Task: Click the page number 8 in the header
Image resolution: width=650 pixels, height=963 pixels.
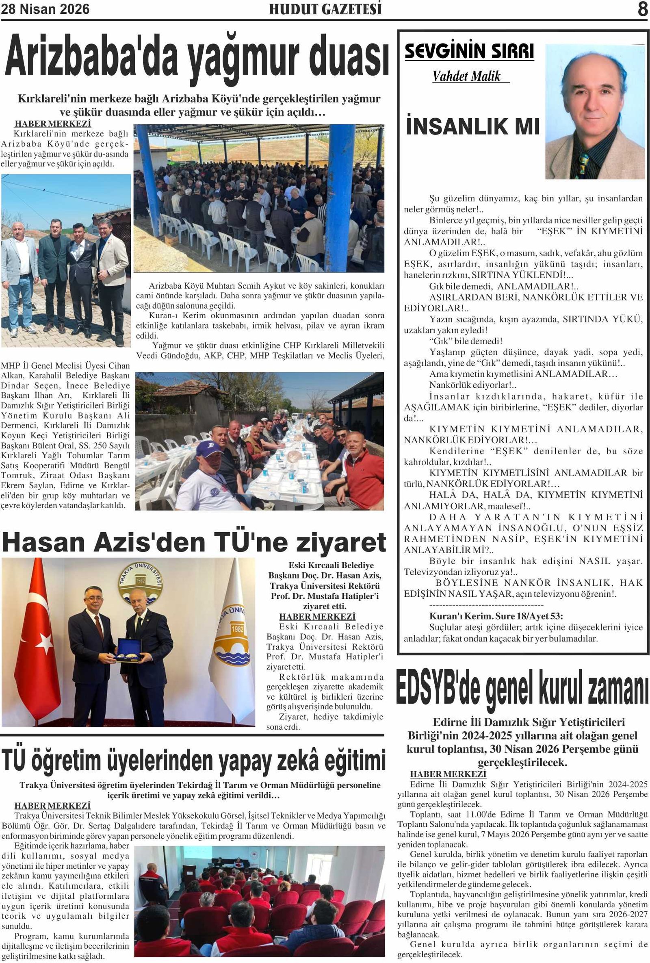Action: [x=642, y=9]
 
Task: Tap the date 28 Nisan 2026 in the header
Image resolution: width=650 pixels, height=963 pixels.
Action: [x=45, y=9]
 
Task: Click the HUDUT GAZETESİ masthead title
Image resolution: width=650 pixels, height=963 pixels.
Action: [x=325, y=9]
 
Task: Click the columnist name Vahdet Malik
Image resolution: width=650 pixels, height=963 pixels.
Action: [x=467, y=76]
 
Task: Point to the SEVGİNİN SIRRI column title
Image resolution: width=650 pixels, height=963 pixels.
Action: [x=469, y=51]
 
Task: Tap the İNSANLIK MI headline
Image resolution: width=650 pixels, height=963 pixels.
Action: [x=473, y=126]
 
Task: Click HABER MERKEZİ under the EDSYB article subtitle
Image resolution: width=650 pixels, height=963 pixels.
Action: [x=448, y=774]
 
